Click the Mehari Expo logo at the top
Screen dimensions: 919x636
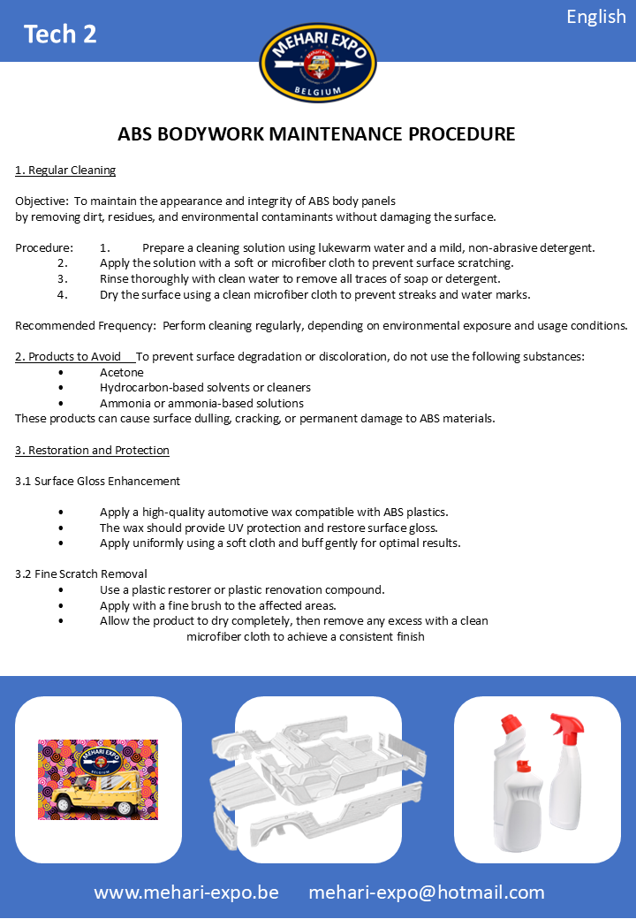[318, 62]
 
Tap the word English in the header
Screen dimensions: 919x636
[596, 17]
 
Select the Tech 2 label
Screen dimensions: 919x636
[60, 34]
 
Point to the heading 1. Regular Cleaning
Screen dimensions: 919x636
[65, 170]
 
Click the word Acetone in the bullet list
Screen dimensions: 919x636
[122, 372]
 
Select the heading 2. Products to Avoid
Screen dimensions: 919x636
[68, 356]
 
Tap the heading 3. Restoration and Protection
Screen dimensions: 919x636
[92, 450]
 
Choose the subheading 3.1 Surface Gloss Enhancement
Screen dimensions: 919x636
[97, 481]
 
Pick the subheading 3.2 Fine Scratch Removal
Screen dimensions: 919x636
[81, 573]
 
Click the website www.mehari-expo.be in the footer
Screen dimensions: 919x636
[186, 892]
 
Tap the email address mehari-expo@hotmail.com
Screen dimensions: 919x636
[427, 892]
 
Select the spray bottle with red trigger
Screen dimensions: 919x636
[565, 769]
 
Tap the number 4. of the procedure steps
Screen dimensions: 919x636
[63, 294]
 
